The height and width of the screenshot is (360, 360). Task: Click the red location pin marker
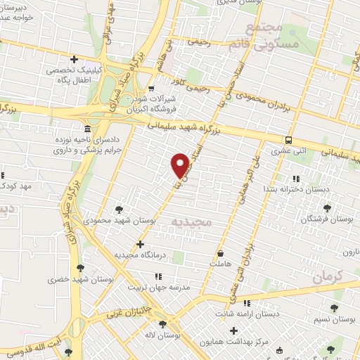tap(180, 165)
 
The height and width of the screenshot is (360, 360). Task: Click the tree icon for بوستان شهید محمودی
tap(119, 209)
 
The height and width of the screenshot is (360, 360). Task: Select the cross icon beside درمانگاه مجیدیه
tap(141, 244)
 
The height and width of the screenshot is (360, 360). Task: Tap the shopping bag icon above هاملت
tap(221, 253)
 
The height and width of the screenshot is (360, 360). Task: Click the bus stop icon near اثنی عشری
tap(289, 139)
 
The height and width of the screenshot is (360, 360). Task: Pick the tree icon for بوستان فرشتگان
tap(326, 208)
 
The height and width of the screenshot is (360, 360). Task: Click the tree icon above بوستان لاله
tap(163, 325)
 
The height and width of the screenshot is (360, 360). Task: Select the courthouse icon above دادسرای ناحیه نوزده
tap(86, 130)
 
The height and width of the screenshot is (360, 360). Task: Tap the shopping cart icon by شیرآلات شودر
tap(151, 88)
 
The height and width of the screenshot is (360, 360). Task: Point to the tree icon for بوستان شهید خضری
tap(80, 267)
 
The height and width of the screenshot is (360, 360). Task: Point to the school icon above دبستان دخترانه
tap(295, 179)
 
